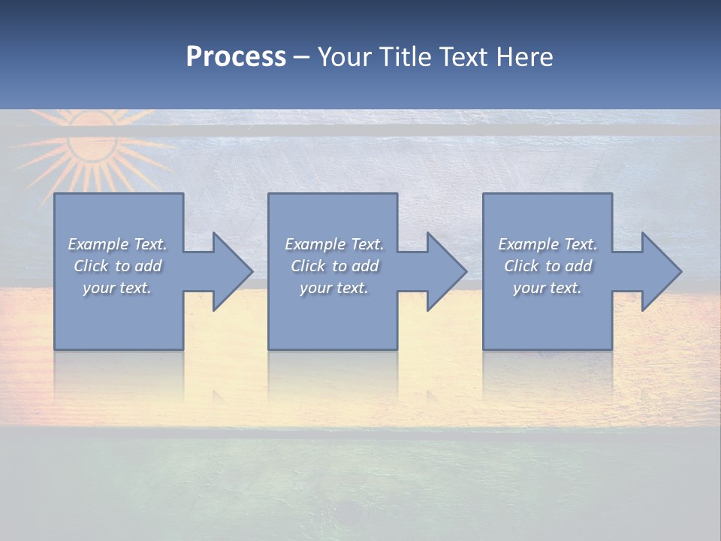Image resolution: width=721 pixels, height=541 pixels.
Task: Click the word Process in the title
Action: tap(236, 57)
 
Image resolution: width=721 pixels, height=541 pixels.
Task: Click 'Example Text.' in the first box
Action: tap(118, 244)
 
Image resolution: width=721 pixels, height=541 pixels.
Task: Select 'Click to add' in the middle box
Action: tap(334, 266)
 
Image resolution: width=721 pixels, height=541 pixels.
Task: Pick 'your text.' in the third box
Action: tap(548, 288)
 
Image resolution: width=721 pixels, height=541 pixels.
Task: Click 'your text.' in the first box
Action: tap(118, 288)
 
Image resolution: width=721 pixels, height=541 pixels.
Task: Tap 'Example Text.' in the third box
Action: tap(548, 244)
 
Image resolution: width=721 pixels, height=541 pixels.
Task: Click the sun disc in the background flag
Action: tap(92, 143)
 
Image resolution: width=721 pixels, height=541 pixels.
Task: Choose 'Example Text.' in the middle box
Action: tap(334, 244)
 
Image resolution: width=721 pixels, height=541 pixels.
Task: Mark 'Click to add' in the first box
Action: tap(118, 266)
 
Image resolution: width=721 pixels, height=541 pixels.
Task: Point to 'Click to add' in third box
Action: tap(548, 266)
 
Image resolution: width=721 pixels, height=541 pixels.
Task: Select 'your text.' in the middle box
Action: tap(334, 288)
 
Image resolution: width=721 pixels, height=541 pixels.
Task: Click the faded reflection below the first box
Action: tap(118, 376)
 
